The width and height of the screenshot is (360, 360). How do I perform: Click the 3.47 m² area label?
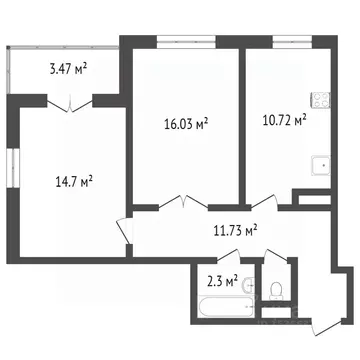pyautogui.click(x=68, y=70)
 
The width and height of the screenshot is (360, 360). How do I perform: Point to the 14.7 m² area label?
pyautogui.click(x=72, y=182)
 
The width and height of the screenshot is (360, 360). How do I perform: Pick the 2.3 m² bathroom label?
pyautogui.click(x=221, y=282)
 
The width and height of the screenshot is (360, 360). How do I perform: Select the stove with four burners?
pyautogui.click(x=322, y=100)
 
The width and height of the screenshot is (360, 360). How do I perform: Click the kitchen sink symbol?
pyautogui.click(x=320, y=167)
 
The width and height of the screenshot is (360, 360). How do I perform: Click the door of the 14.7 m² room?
pyautogui.click(x=124, y=230)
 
